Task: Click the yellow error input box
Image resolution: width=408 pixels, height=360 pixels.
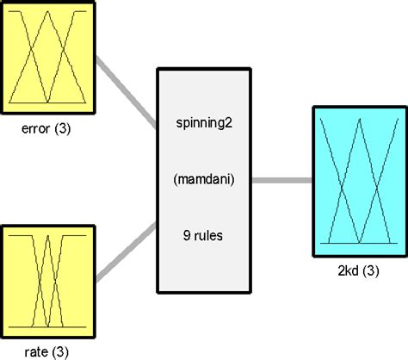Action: coord(48,60)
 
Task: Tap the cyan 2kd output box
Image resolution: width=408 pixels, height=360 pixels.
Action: coord(354,181)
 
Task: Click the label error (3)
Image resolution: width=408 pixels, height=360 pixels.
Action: coord(48,133)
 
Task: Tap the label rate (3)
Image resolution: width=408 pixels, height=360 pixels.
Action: coord(48,351)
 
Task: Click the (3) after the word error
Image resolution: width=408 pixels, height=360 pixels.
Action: coord(65,133)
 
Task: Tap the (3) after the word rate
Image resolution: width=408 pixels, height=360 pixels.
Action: coord(62,351)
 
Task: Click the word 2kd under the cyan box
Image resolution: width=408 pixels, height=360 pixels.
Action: coord(346,270)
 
